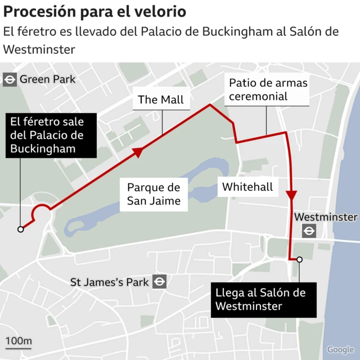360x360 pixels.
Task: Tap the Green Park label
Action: [x=47, y=79]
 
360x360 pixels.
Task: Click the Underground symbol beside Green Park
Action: [x=10, y=79]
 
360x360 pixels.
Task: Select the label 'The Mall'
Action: [x=160, y=100]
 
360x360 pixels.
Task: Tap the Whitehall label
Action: [x=247, y=187]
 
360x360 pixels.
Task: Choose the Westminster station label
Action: [x=326, y=217]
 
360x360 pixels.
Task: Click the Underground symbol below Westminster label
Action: [x=309, y=231]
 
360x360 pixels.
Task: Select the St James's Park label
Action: [x=109, y=282]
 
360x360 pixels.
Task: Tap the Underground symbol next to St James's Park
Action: [x=160, y=282]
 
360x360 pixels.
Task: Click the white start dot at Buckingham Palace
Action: [x=21, y=229]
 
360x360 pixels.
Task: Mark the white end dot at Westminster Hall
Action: [x=299, y=259]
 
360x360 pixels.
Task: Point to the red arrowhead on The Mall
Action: [x=137, y=152]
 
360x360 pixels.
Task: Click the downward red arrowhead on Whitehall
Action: [x=291, y=195]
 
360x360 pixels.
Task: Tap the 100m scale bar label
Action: [x=19, y=341]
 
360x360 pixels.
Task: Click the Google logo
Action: [x=340, y=350]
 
